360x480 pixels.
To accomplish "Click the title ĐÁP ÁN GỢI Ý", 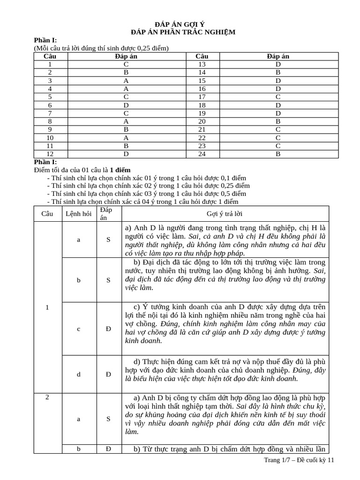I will [180, 24].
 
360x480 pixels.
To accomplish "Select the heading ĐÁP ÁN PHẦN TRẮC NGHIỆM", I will [180, 32].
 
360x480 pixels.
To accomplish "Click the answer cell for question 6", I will [126, 105].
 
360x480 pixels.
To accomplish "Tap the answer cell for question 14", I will [278, 72].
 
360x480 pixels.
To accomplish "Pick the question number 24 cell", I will [202, 154].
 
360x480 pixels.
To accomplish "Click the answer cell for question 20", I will [278, 121].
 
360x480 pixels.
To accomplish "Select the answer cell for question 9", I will [126, 129].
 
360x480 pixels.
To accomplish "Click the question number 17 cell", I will [202, 97].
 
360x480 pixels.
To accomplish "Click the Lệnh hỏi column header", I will [79, 214].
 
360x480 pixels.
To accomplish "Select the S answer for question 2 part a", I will [108, 419].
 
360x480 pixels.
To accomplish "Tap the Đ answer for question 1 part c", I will [108, 329].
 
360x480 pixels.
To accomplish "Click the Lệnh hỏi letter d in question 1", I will [79, 374].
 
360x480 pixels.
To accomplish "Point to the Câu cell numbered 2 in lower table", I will [47, 397].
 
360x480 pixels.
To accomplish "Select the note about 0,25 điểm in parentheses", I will [101, 48].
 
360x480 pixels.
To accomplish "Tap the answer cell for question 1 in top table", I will [126, 64].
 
